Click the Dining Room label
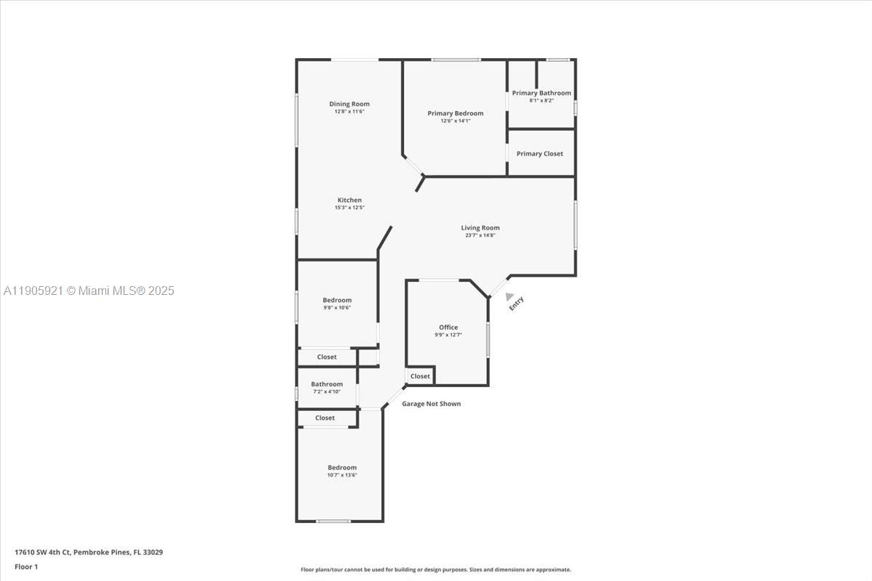(350, 104)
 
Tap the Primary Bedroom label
(455, 113)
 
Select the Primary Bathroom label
(541, 93)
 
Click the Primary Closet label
(540, 154)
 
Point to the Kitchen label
(350, 200)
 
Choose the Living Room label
(480, 228)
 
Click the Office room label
(448, 328)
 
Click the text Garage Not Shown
(432, 404)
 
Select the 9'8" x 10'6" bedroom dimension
(337, 308)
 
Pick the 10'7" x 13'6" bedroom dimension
(342, 475)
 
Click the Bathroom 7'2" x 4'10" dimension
(326, 391)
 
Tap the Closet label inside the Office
(420, 376)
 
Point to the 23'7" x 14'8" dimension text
(480, 235)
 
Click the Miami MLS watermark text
(89, 290)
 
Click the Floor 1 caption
(26, 566)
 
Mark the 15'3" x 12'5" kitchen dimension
(350, 208)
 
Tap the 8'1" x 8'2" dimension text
(541, 100)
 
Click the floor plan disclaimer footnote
(436, 570)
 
